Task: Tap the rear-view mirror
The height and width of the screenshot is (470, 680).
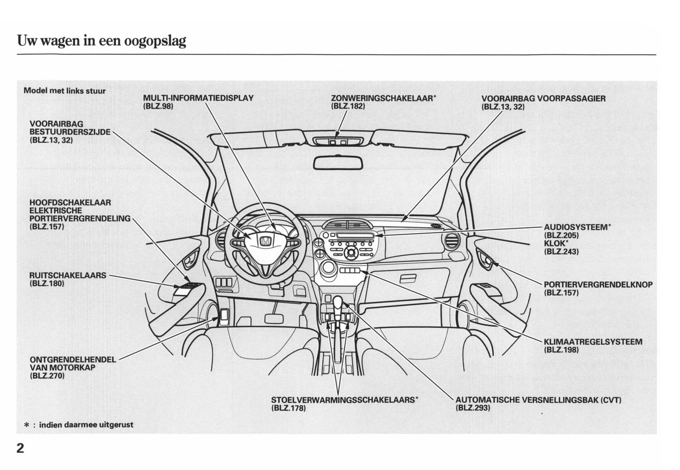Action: click(x=338, y=163)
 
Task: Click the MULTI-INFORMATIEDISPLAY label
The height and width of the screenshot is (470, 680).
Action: click(x=198, y=98)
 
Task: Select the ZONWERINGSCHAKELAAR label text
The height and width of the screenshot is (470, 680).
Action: click(x=383, y=98)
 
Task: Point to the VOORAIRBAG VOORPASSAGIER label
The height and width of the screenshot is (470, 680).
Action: click(x=543, y=98)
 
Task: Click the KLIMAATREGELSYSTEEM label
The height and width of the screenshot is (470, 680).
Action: click(x=593, y=342)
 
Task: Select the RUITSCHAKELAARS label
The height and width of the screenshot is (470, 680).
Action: click(x=68, y=276)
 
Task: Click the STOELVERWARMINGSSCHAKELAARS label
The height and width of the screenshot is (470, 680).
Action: click(x=344, y=400)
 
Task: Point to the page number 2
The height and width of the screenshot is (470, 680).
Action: click(x=20, y=448)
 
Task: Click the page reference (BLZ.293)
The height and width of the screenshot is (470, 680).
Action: click(x=473, y=408)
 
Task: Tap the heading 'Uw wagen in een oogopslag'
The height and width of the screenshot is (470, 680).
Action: click(x=102, y=41)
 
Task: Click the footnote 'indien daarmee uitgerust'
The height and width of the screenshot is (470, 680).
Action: click(x=86, y=425)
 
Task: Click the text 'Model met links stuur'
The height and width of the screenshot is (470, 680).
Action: click(x=64, y=90)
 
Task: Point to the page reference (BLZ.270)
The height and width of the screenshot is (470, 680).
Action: click(x=47, y=376)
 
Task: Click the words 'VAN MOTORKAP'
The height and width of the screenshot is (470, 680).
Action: click(x=62, y=368)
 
